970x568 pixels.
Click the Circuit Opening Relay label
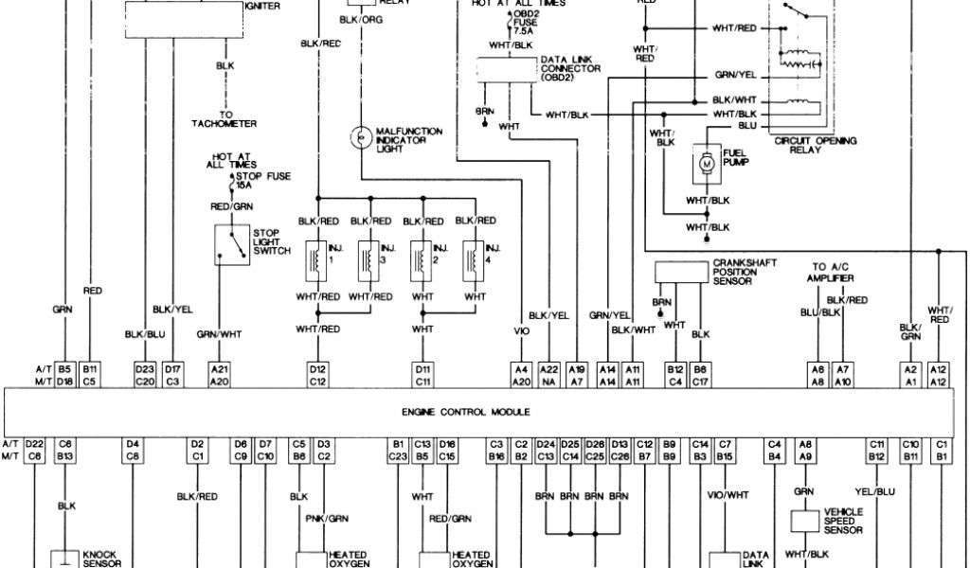pos(815,145)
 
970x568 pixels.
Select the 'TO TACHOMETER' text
pos(225,119)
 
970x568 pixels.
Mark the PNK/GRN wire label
pos(325,519)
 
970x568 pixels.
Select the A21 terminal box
pos(220,368)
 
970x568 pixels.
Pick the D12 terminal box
pos(317,368)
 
